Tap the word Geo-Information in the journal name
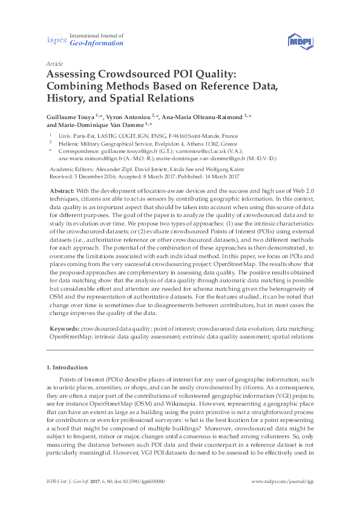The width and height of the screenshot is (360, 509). (x=97, y=44)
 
